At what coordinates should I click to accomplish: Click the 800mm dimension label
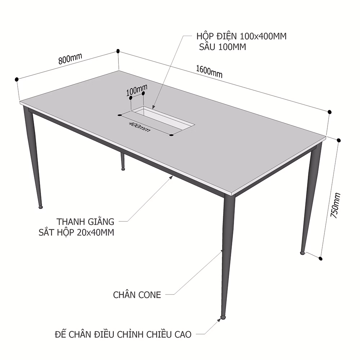coord(70,59)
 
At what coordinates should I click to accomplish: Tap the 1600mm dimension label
coord(209,71)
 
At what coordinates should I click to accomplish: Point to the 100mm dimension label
coord(136,90)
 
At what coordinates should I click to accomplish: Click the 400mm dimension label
coord(140,127)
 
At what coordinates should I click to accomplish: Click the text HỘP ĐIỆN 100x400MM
coord(241,36)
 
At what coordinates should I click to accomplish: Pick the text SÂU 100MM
coord(222,47)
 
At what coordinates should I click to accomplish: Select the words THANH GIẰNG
coord(85,221)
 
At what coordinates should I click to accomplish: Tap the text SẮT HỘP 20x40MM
coord(76,232)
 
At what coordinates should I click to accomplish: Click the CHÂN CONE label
coord(137,295)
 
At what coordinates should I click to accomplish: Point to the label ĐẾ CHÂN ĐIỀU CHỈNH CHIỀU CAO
coord(123,334)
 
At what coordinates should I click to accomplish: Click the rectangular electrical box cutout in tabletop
coord(163,118)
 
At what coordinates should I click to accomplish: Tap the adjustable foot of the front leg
coord(222,317)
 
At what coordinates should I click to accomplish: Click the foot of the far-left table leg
coord(41,207)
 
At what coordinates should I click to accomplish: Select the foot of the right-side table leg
coord(303,253)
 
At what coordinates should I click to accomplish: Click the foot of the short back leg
coord(123,169)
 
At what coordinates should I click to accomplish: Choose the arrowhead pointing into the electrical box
coord(153,107)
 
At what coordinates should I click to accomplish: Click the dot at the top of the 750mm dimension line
coord(339,140)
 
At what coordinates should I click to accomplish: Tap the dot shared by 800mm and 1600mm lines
coord(118,51)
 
